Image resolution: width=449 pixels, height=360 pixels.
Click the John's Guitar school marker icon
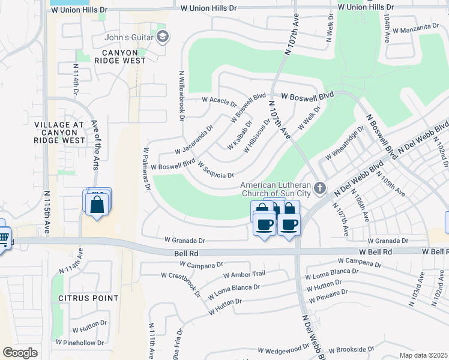[x=162, y=38]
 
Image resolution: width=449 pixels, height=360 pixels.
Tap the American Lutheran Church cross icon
[x=320, y=188]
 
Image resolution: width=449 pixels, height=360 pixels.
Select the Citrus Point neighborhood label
[x=88, y=298]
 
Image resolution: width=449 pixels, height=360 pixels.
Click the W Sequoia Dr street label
[x=215, y=170]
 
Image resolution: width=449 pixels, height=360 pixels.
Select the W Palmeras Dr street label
[x=146, y=168]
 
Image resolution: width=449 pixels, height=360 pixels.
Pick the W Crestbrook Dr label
[x=181, y=282]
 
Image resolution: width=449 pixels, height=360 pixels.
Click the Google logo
[x=20, y=353]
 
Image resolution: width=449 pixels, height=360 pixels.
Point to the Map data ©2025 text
[x=423, y=355]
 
